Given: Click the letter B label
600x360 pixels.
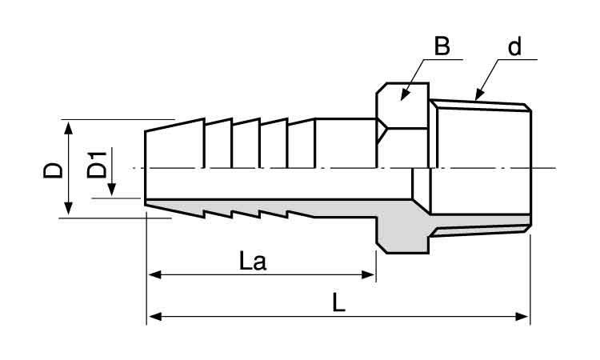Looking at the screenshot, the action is [442, 46].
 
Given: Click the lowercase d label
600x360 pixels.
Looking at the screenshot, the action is [514, 46].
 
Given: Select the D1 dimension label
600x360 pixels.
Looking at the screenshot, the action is [97, 165].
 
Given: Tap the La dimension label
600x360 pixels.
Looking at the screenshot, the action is [252, 262].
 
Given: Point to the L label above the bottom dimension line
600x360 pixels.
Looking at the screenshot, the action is [338, 302].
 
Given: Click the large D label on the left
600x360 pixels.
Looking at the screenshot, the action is [53, 170].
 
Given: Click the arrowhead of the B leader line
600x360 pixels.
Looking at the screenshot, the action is [405, 95].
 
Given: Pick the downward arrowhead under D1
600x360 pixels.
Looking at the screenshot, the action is [111, 190].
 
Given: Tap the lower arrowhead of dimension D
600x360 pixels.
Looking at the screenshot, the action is [68, 208].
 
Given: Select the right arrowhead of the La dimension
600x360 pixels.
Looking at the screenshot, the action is [369, 274].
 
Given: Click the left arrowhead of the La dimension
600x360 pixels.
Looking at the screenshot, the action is [154, 274].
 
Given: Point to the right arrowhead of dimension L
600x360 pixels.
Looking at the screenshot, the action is [522, 316].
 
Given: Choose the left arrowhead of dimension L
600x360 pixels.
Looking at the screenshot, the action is [154, 316].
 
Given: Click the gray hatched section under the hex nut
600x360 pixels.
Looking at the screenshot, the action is [402, 234].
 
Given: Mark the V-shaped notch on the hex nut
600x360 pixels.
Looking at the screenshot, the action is [382, 131].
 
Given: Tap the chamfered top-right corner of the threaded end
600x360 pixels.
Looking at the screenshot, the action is [527, 107].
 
